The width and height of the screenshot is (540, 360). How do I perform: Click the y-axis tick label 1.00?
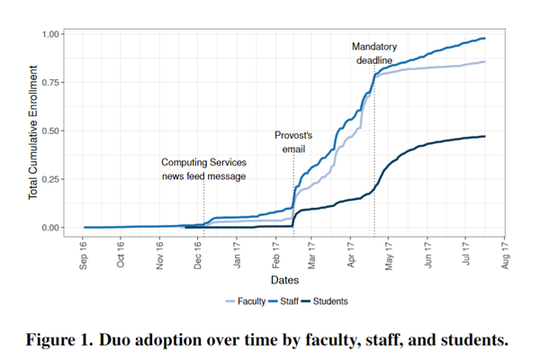click(50, 34)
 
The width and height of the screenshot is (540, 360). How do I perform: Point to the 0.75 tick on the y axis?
click(50, 83)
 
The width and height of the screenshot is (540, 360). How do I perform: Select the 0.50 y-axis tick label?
click(50, 131)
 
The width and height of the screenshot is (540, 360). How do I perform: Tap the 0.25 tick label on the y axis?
click(50, 179)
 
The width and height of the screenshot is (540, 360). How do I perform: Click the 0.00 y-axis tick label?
click(50, 228)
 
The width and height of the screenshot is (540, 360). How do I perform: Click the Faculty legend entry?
click(249, 301)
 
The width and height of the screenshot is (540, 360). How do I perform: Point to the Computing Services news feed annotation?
click(203, 169)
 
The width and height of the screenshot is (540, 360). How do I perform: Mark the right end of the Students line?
click(485, 136)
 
